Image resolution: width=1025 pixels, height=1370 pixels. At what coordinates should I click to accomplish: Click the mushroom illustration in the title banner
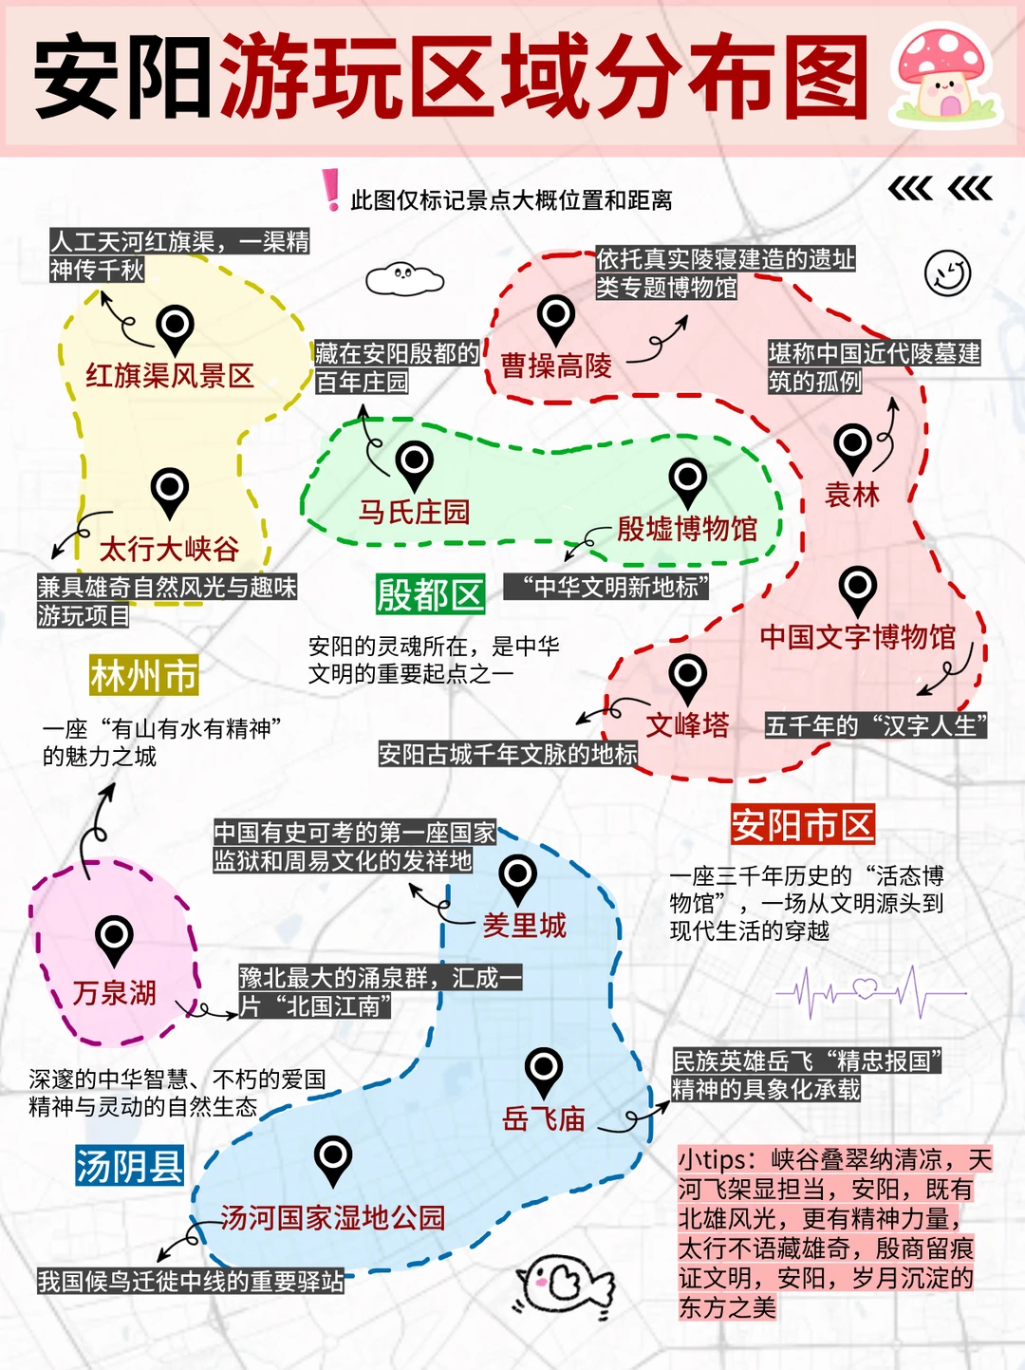(x=944, y=76)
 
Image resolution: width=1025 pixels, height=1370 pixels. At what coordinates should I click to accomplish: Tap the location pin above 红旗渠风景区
(x=176, y=328)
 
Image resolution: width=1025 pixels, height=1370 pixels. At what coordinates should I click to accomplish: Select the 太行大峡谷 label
(x=169, y=549)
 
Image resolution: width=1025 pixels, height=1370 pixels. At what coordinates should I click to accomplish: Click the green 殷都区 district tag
(x=430, y=595)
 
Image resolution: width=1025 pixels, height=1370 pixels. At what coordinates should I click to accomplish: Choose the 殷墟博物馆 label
(x=686, y=529)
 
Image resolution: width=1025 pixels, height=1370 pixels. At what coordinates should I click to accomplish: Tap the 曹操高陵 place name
(x=556, y=366)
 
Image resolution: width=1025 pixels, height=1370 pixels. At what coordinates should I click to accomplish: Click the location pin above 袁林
(x=852, y=445)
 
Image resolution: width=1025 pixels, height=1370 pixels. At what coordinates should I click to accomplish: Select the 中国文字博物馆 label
(x=857, y=636)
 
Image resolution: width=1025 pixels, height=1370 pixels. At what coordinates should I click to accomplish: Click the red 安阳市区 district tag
(x=802, y=825)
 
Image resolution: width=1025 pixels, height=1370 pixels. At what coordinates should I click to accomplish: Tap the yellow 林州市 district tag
(x=143, y=676)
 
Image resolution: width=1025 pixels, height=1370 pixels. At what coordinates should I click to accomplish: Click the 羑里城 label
(x=524, y=925)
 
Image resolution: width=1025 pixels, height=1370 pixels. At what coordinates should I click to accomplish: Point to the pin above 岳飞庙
(x=544, y=1070)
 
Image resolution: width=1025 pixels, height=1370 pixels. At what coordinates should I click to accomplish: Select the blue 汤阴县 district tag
(x=129, y=1166)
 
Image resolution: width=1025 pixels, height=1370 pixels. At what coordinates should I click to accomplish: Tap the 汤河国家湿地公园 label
(x=332, y=1217)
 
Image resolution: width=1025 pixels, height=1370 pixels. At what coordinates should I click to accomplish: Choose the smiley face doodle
(x=947, y=273)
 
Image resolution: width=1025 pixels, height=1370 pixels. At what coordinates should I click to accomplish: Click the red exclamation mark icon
(x=330, y=190)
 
